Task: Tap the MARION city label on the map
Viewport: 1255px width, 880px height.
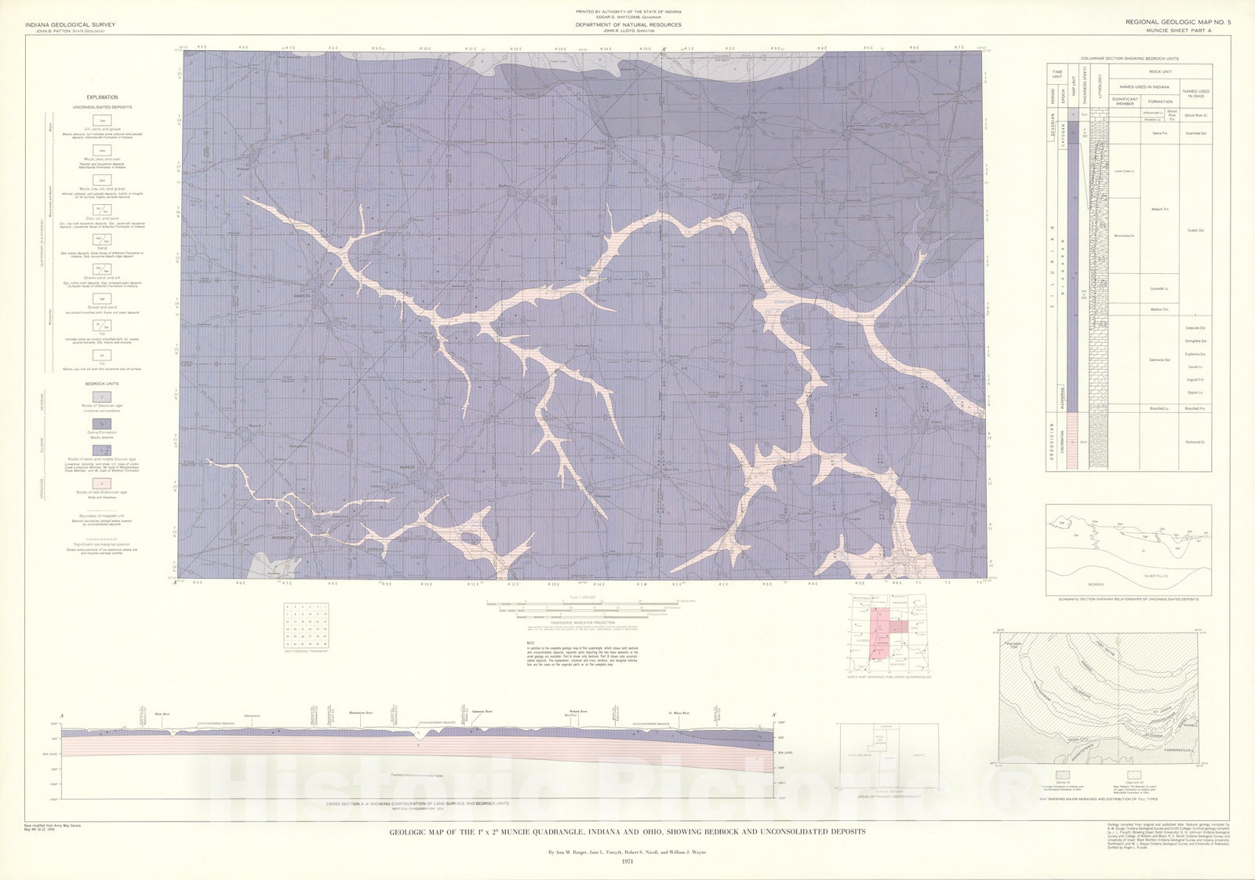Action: (302, 296)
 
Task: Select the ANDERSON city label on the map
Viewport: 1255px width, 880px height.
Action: (282, 537)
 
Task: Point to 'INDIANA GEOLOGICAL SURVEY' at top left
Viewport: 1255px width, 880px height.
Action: (71, 25)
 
